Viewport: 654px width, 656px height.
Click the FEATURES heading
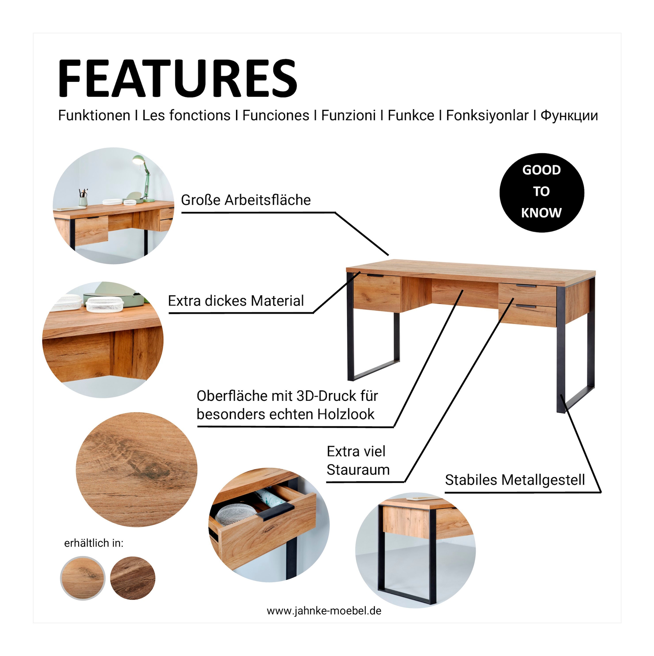(x=177, y=79)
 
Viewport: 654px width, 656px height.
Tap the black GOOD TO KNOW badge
(x=542, y=192)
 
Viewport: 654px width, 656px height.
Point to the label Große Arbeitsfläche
(x=246, y=200)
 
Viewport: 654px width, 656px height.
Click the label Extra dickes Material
(x=236, y=301)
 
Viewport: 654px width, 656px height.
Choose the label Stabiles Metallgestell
(x=515, y=480)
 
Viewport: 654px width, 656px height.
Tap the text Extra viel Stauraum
(x=358, y=461)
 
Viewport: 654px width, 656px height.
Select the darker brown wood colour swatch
(x=133, y=578)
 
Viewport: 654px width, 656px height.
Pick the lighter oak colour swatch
(x=83, y=578)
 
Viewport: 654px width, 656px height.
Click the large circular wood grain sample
(x=137, y=470)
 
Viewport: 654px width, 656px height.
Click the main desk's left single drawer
(x=377, y=292)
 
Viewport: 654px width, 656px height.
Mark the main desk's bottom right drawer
(x=527, y=315)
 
